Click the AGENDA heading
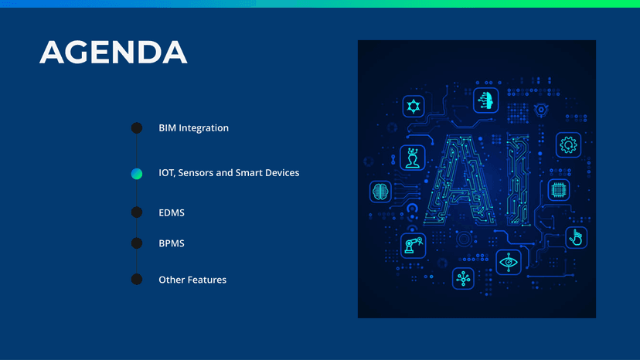(113, 52)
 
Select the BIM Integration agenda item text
(193, 127)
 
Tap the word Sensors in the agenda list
(196, 172)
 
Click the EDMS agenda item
(172, 212)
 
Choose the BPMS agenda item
(172, 243)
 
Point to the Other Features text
(192, 280)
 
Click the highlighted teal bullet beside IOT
(137, 174)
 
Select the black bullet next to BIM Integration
(137, 127)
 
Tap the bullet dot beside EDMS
(137, 212)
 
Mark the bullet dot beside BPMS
(137, 243)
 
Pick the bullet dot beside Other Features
(137, 279)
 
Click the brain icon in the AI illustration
(380, 192)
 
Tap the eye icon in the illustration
(509, 262)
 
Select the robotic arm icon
(413, 246)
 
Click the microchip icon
(558, 189)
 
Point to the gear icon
(568, 145)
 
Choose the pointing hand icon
(577, 237)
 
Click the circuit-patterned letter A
(460, 181)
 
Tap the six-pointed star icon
(413, 107)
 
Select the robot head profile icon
(485, 100)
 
